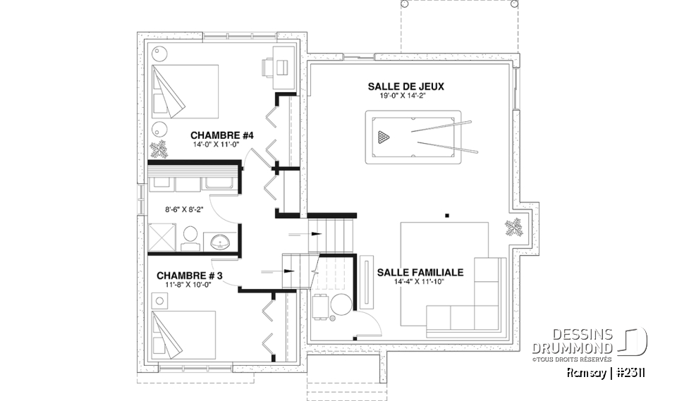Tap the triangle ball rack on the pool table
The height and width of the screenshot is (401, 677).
pos(383,136)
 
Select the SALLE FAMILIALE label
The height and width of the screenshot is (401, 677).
pos(420,272)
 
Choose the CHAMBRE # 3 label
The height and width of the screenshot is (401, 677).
pos(189,276)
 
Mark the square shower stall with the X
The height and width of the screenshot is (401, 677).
pos(161,238)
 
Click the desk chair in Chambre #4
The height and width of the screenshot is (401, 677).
pos(269,67)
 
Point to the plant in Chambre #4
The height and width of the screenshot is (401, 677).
pos(159,149)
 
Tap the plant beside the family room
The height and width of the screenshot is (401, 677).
pos(512,227)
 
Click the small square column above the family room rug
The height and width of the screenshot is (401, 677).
pos(447,214)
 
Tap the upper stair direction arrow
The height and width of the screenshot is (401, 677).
pos(312,234)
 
